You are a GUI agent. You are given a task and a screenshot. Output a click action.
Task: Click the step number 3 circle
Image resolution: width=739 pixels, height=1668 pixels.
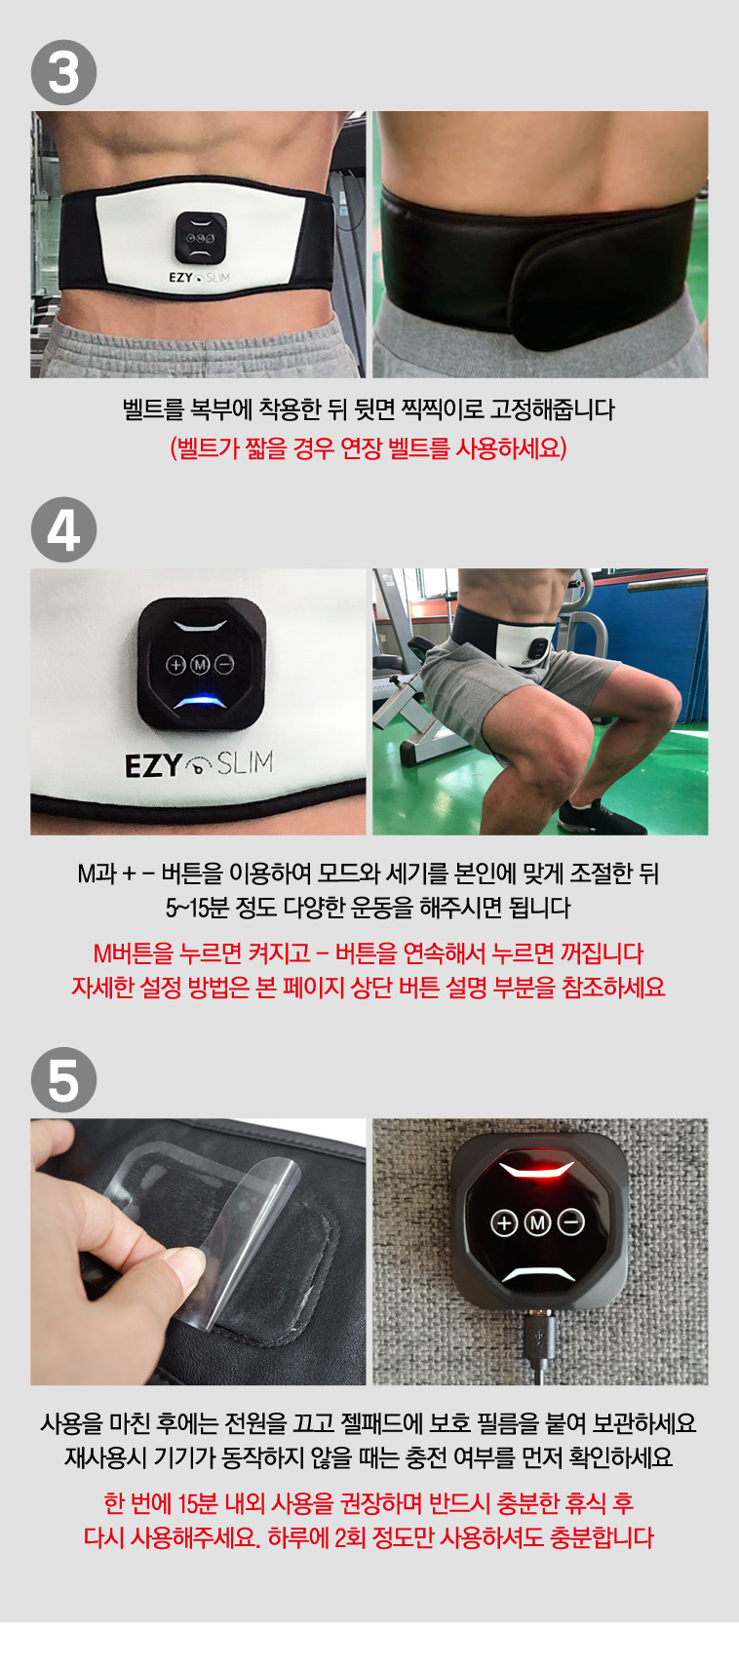pyautogui.click(x=63, y=72)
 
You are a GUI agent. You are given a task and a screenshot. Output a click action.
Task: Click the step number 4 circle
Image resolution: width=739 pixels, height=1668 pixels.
pyautogui.click(x=63, y=529)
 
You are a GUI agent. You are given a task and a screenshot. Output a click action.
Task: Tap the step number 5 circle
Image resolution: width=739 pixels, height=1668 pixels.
pyautogui.click(x=63, y=1080)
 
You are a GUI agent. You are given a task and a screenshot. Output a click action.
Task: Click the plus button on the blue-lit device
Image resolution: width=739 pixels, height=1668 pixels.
pyautogui.click(x=175, y=664)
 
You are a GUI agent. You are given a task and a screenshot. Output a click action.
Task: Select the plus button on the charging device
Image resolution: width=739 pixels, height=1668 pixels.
pyautogui.click(x=504, y=1222)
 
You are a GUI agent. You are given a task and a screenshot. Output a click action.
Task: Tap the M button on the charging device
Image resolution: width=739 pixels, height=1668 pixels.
pyautogui.click(x=538, y=1222)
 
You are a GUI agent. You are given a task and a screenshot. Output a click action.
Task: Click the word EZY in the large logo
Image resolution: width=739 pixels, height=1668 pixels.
pyautogui.click(x=153, y=765)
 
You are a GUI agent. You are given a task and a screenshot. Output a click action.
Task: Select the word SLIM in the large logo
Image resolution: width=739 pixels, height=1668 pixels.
pyautogui.click(x=245, y=762)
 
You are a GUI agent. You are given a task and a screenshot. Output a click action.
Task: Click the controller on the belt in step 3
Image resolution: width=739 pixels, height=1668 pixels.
pyautogui.click(x=201, y=238)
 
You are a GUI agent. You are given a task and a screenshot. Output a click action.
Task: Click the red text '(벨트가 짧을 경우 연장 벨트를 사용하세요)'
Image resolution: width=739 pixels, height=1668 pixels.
pyautogui.click(x=369, y=448)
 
